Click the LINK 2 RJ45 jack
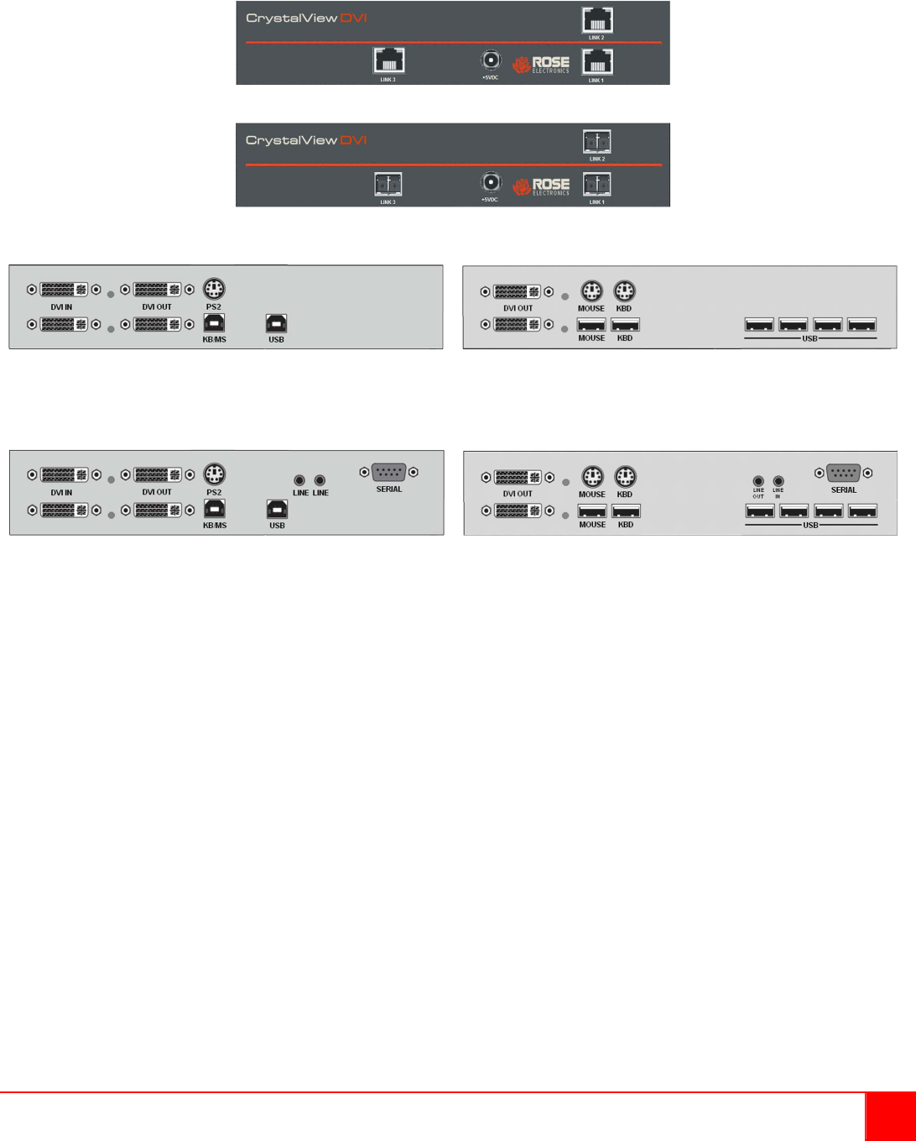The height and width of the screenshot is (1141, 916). pyautogui.click(x=597, y=20)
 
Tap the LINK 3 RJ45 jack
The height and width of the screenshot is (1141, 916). pyautogui.click(x=388, y=60)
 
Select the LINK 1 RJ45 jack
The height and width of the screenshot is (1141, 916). pyautogui.click(x=597, y=61)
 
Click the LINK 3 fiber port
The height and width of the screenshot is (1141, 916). pyautogui.click(x=388, y=184)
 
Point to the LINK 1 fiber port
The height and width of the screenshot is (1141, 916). pyautogui.click(x=597, y=184)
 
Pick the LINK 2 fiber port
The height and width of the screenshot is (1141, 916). pyautogui.click(x=597, y=142)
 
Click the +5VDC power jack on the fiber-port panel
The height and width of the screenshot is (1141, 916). pyautogui.click(x=490, y=182)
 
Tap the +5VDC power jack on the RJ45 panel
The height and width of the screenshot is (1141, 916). pyautogui.click(x=490, y=60)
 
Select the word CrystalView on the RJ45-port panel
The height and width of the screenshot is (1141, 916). pyautogui.click(x=291, y=18)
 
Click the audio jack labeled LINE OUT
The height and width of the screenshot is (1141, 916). pyautogui.click(x=758, y=481)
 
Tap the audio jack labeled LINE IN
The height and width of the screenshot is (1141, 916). pyautogui.click(x=778, y=481)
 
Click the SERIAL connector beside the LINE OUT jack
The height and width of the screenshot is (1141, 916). pyautogui.click(x=843, y=473)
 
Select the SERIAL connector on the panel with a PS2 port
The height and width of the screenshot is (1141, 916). pyautogui.click(x=388, y=472)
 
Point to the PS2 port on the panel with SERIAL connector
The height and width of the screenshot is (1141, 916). pyautogui.click(x=214, y=474)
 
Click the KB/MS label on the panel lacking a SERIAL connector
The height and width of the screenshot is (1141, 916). pyautogui.click(x=214, y=340)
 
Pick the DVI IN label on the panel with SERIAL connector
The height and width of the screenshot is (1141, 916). pyautogui.click(x=61, y=493)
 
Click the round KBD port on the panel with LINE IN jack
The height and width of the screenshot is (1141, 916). pyautogui.click(x=625, y=477)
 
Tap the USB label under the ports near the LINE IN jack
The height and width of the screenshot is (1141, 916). pyautogui.click(x=810, y=526)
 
